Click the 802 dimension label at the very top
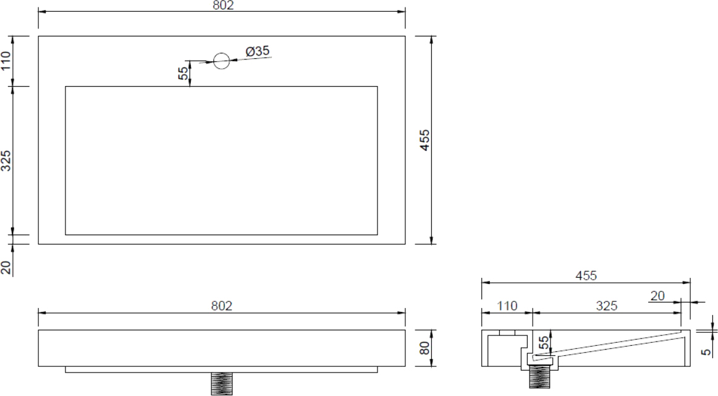223,5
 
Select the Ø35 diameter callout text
257,51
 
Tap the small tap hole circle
222,61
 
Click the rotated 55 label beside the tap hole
183,74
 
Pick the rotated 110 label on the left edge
6,61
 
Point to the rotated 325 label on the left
6,160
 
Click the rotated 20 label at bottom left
6,267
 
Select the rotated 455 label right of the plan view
425,140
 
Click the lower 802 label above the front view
222,306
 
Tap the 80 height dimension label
425,348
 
